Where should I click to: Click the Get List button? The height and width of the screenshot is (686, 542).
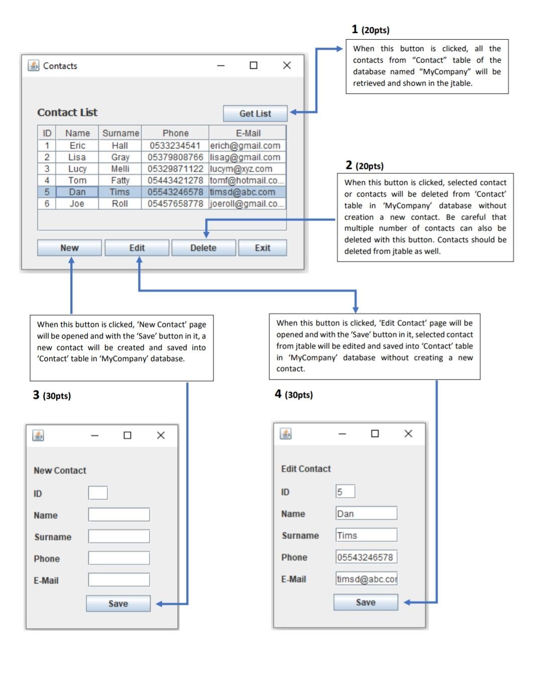click(x=255, y=113)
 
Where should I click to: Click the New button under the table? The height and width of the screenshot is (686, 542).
click(x=69, y=248)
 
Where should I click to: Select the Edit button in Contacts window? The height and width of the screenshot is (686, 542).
click(x=137, y=248)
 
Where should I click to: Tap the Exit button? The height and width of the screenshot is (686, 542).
click(x=262, y=248)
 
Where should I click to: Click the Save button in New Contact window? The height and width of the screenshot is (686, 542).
click(x=118, y=604)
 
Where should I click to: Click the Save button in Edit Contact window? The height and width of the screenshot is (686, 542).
click(x=365, y=602)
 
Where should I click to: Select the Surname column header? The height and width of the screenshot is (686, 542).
click(x=120, y=133)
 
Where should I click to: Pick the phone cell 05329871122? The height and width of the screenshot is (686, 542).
click(x=175, y=168)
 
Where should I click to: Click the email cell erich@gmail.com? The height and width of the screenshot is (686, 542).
click(x=246, y=145)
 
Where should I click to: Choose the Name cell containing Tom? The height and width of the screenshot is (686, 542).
click(x=77, y=180)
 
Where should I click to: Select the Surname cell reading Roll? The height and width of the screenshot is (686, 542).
click(x=120, y=204)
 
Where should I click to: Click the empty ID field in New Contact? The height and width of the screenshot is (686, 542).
click(x=98, y=493)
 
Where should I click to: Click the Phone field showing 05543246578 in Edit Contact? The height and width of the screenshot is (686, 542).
click(x=366, y=557)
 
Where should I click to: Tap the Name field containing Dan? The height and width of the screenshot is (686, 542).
click(x=366, y=513)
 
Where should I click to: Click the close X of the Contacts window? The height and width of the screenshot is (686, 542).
click(x=287, y=65)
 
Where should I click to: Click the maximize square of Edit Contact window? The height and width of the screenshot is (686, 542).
click(x=375, y=433)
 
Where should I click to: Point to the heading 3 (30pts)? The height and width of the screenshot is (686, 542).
click(x=52, y=396)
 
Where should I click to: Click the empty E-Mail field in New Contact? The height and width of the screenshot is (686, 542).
click(x=119, y=580)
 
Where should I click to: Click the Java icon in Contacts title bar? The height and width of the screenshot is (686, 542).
click(x=34, y=66)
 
